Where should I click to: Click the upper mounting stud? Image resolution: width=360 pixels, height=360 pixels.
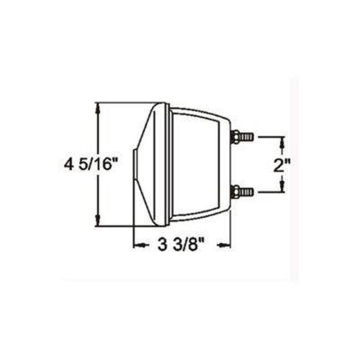(242, 137)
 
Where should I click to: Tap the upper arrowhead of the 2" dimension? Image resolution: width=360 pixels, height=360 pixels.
(283, 140)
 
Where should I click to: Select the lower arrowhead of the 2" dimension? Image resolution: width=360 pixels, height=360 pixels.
(283, 186)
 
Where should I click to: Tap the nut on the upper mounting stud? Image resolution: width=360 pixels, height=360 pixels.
(236, 137)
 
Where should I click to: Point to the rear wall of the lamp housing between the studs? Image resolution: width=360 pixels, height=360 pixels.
(229, 164)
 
